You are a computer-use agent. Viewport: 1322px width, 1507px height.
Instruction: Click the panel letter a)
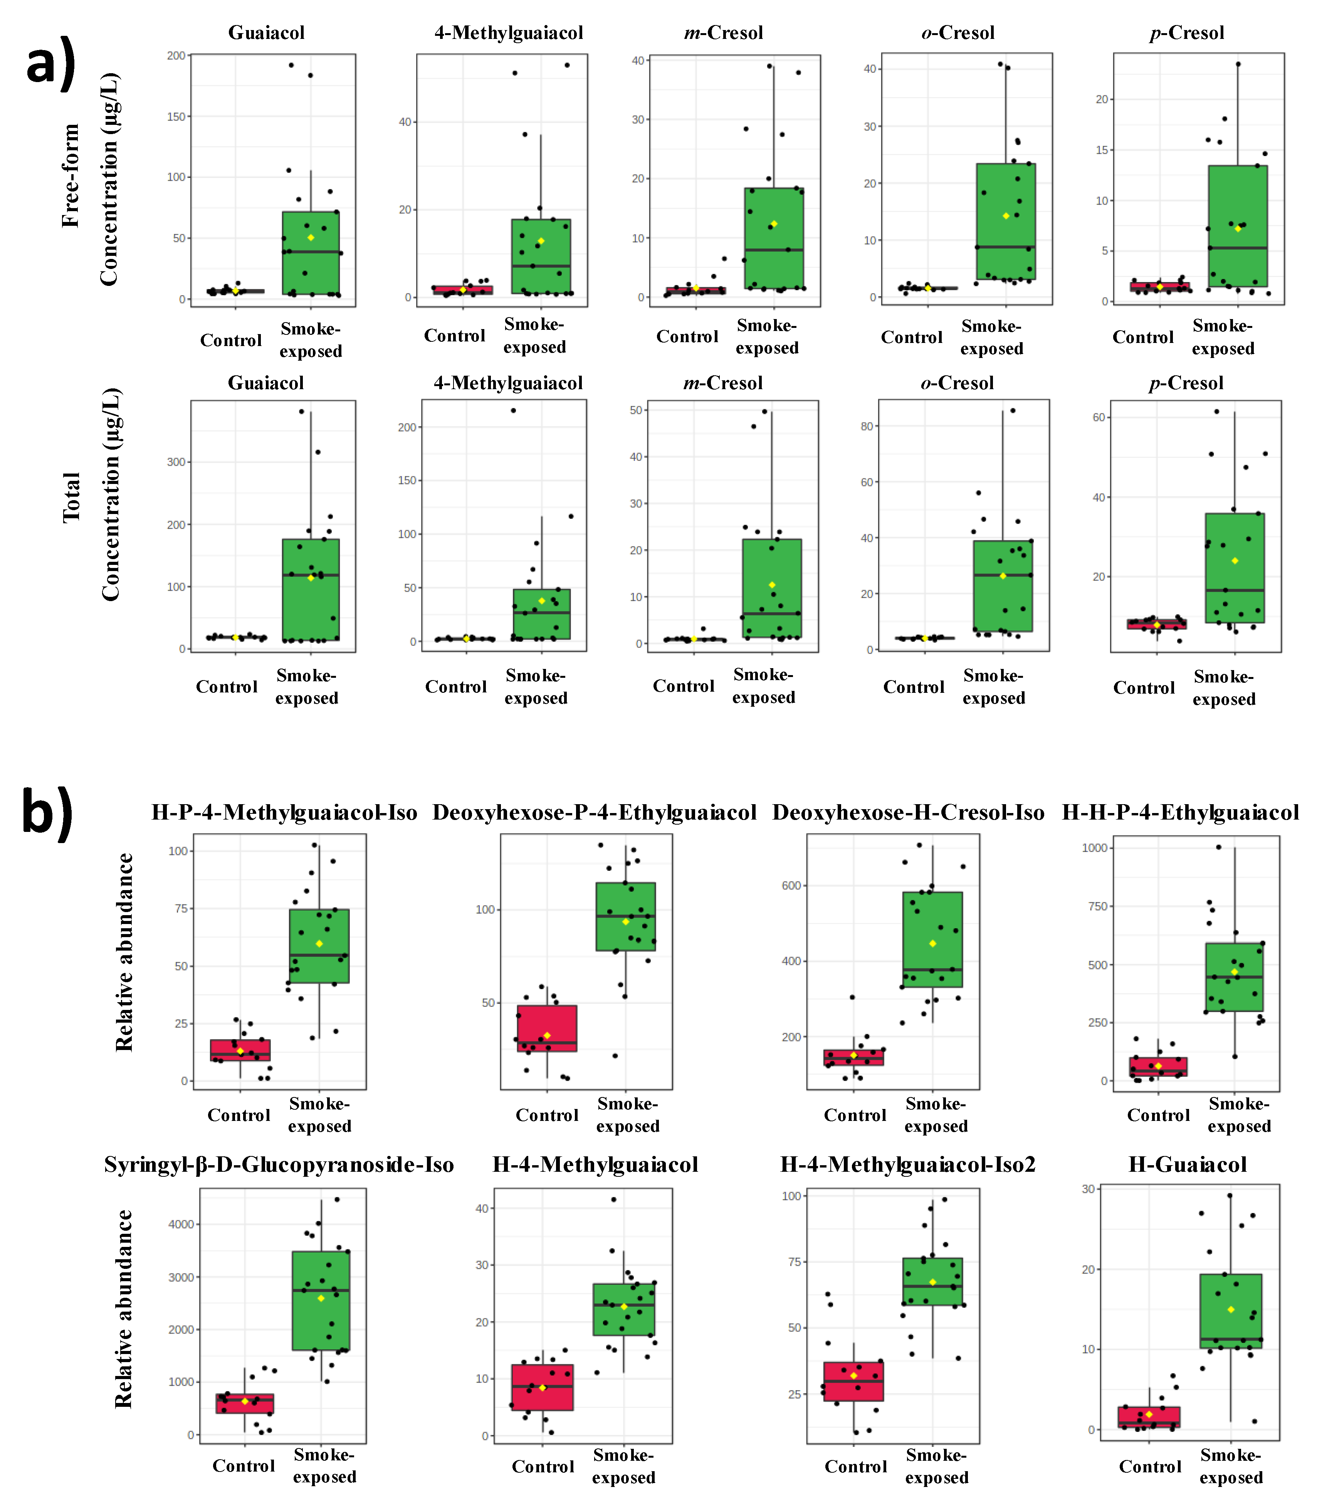[x=50, y=63]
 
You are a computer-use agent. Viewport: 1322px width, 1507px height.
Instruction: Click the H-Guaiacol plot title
[x=1187, y=1165]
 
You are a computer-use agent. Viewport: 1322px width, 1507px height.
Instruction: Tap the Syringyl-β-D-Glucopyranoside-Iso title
[x=279, y=1165]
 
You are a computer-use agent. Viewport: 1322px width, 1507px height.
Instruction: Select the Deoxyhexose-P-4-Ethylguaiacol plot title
[x=594, y=813]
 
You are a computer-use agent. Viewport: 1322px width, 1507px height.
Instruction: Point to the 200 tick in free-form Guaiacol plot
[x=176, y=55]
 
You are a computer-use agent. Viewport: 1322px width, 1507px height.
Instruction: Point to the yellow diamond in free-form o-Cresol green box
[x=1006, y=216]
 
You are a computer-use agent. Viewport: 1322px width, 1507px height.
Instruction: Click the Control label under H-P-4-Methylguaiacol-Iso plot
[x=239, y=1115]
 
